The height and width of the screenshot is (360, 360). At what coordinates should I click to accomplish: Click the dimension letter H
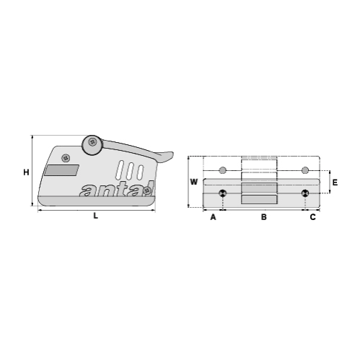tap(25, 172)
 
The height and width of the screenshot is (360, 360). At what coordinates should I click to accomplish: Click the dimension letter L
tap(95, 216)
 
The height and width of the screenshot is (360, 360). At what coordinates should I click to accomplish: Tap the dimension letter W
tap(193, 182)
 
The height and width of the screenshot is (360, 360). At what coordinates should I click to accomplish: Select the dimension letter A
tap(213, 216)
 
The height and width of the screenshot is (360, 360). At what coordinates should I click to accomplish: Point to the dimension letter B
tap(264, 216)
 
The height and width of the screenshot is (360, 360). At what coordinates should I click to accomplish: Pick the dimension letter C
tap(312, 216)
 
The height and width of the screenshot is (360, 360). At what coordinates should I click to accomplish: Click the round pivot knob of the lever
tap(92, 144)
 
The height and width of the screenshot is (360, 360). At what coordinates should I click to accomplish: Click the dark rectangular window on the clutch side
tap(61, 170)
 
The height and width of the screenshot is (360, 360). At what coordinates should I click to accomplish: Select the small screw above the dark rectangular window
tap(66, 157)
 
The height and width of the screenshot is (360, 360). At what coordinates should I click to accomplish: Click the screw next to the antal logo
tap(147, 190)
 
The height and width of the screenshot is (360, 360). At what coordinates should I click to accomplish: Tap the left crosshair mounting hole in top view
tap(223, 193)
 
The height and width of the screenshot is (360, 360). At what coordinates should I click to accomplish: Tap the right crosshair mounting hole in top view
tap(305, 193)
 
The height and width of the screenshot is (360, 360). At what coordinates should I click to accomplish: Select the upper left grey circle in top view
tap(223, 170)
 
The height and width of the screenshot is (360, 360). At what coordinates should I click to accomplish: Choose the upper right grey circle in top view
tap(305, 170)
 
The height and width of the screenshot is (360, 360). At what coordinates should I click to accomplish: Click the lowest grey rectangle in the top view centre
tap(258, 200)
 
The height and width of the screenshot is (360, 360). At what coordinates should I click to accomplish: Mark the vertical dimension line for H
tap(34, 172)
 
